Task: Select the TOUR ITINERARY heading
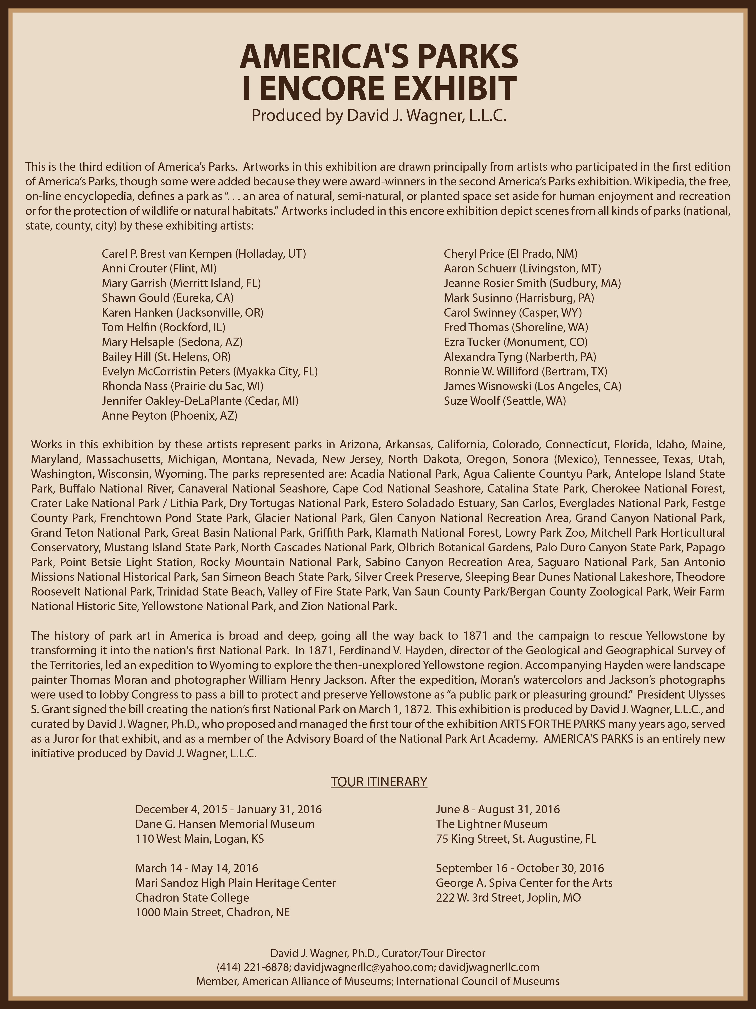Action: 379,782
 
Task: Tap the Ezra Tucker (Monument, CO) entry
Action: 515,342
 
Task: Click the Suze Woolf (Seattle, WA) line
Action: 504,401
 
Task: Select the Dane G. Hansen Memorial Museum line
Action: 225,824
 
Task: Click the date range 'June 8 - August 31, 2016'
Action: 498,809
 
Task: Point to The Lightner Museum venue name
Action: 491,824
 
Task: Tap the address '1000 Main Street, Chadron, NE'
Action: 212,912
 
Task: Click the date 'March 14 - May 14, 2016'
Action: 196,868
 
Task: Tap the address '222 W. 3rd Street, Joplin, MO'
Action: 508,898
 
